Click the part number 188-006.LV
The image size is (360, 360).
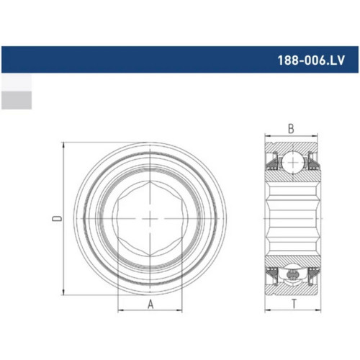click(311, 60)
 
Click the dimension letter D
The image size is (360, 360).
click(57, 218)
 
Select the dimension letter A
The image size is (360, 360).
click(150, 304)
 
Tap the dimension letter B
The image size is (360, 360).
click(291, 129)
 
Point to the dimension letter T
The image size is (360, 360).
click(294, 304)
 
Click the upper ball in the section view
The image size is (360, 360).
click(293, 163)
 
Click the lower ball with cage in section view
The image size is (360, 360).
click(293, 274)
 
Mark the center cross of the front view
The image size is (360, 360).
click(150, 218)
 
